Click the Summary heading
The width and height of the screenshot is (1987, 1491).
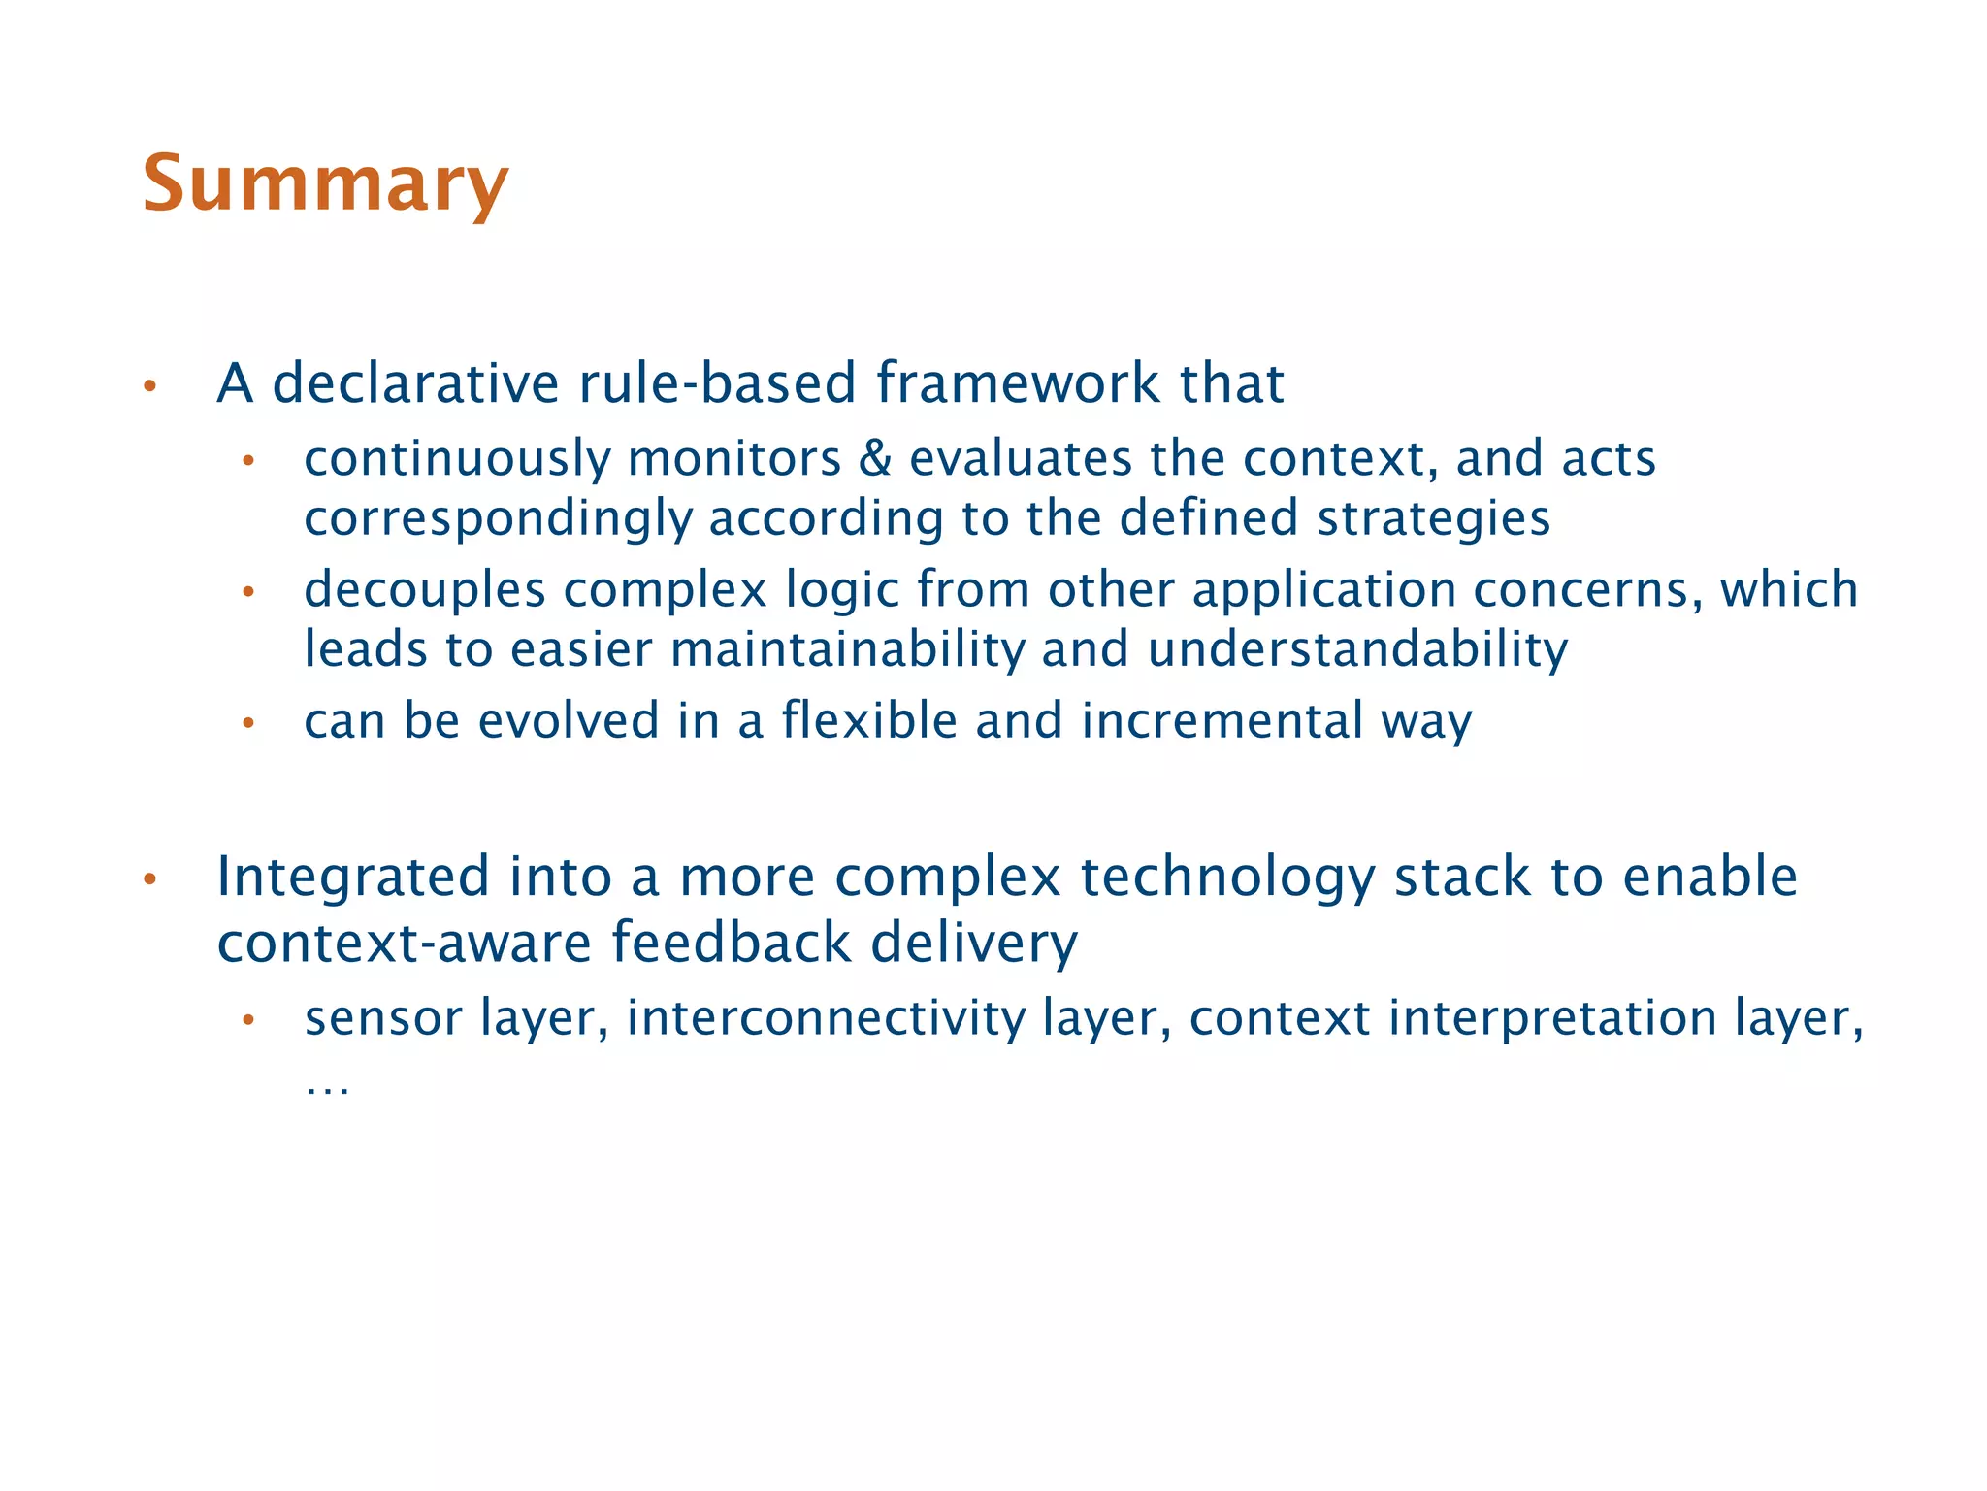pyautogui.click(x=325, y=184)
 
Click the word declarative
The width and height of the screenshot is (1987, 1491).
pyautogui.click(x=415, y=383)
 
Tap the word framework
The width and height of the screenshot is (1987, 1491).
pyautogui.click(x=1018, y=383)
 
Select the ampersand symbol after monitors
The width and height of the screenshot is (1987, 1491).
pyautogui.click(x=875, y=458)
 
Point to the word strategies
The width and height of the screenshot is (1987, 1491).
pyautogui.click(x=1433, y=518)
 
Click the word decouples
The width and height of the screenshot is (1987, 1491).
pyautogui.click(x=425, y=590)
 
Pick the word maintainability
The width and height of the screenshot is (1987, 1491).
pyautogui.click(x=846, y=648)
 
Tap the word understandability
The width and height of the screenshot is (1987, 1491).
pyautogui.click(x=1357, y=648)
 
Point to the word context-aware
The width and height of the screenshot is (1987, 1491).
pyautogui.click(x=404, y=943)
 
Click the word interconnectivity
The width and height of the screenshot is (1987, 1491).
pyautogui.click(x=826, y=1018)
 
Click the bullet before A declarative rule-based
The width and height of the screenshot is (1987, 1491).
pyautogui.click(x=149, y=386)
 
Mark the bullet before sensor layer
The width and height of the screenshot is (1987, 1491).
pyautogui.click(x=248, y=1020)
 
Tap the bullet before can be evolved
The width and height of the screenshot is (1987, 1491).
pyautogui.click(x=248, y=723)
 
